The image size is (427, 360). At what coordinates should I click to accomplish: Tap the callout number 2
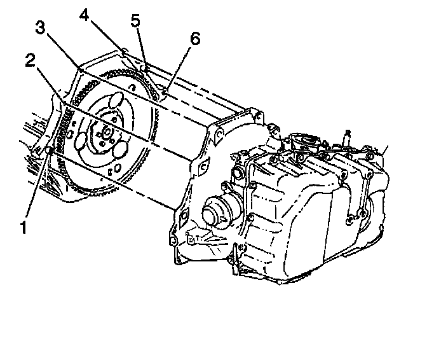point(30,60)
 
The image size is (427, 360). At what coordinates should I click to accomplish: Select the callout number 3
point(41,27)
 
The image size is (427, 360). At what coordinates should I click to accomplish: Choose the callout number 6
point(194,39)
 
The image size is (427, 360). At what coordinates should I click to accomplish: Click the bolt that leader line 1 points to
point(49,151)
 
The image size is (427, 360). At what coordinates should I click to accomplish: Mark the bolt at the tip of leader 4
point(125,52)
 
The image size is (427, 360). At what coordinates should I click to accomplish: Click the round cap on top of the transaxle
point(303,141)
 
